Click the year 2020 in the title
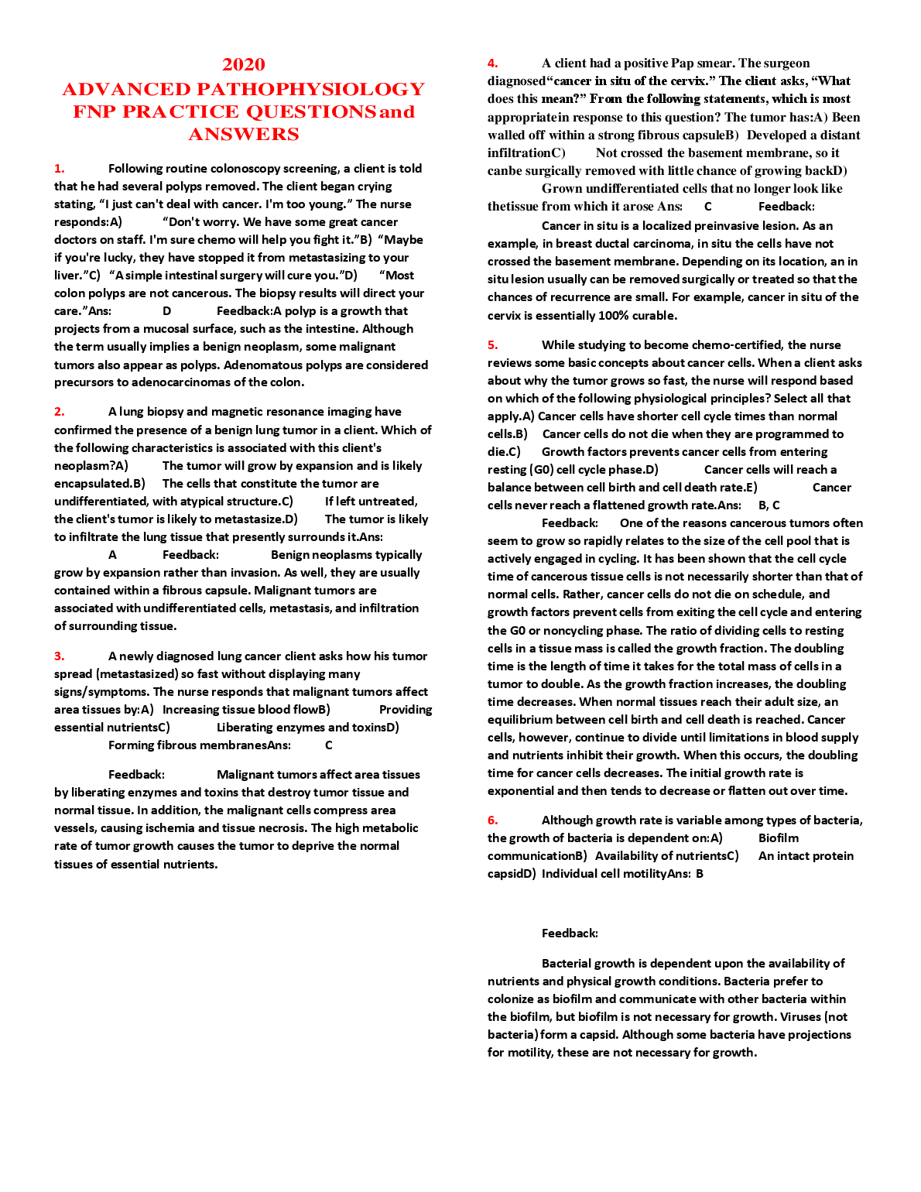[x=244, y=65]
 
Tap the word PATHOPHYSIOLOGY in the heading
[x=310, y=89]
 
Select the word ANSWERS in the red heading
[x=244, y=135]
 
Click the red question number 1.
[x=60, y=169]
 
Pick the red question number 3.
[x=60, y=656]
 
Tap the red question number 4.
[x=493, y=63]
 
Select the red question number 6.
[x=493, y=820]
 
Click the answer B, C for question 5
[x=769, y=505]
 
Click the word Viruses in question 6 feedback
[x=800, y=1017]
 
